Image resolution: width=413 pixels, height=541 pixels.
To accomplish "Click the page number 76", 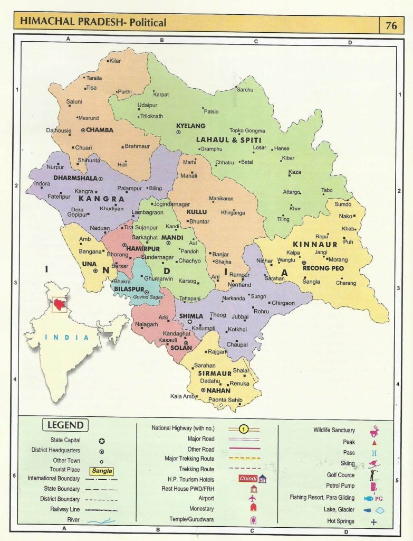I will click(391, 24).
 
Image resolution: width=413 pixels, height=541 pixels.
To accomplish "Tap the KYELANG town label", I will click(190, 126).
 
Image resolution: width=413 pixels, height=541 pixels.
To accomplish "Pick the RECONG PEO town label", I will click(323, 268).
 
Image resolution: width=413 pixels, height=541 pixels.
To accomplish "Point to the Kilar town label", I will click(115, 61).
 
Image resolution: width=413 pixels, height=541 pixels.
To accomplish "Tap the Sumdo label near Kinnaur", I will click(343, 204).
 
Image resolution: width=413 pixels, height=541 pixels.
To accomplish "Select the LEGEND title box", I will click(65, 425).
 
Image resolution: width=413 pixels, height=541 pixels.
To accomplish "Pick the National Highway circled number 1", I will click(244, 429).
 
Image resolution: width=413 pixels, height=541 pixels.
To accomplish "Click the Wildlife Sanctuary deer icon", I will click(374, 431).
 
